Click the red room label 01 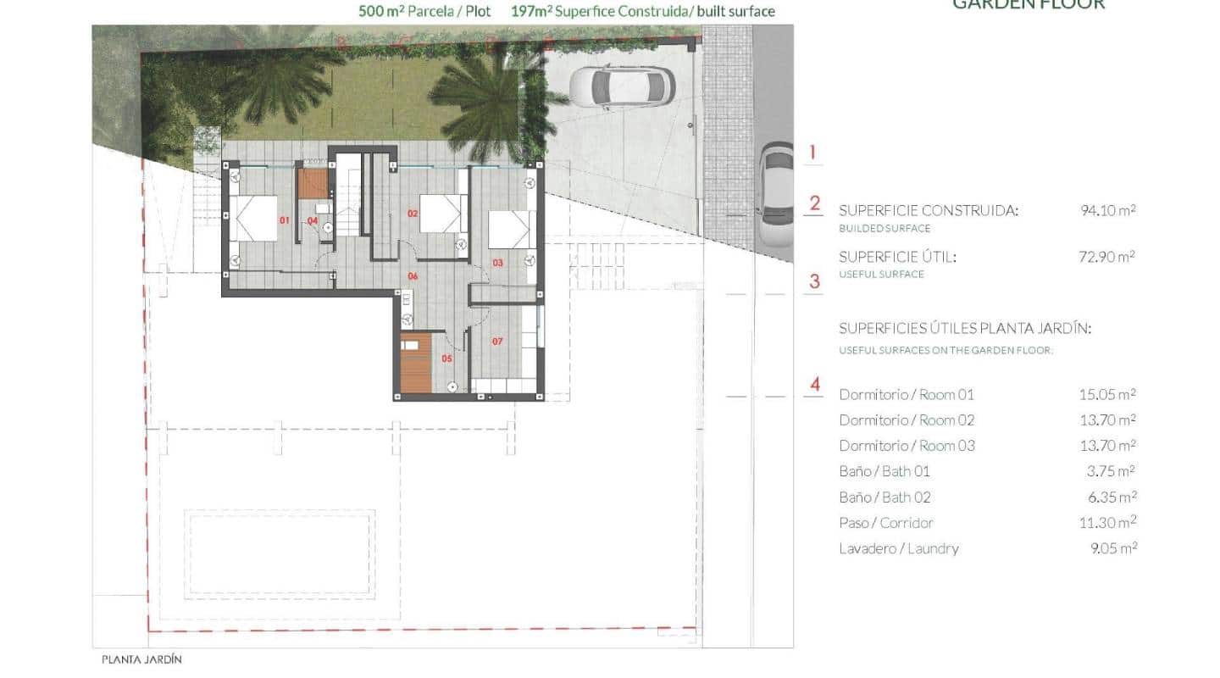(x=285, y=220)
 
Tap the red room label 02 (x=413, y=214)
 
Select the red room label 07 (x=497, y=342)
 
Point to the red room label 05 (x=446, y=358)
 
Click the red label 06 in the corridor (x=413, y=275)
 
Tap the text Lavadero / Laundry (x=899, y=548)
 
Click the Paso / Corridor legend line (x=886, y=523)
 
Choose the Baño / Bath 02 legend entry (x=884, y=497)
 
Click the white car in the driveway (x=621, y=86)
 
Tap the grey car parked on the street (x=775, y=195)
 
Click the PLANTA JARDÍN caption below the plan (x=141, y=659)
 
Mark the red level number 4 (x=815, y=385)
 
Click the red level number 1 (x=812, y=153)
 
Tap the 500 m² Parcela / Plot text (x=423, y=12)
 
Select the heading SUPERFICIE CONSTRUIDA (x=928, y=210)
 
